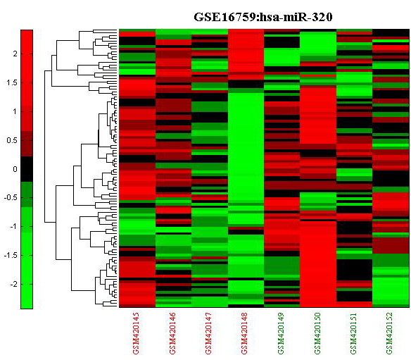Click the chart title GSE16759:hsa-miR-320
tap(263, 17)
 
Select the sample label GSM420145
tap(137, 333)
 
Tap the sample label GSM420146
tap(172, 333)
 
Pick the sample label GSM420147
tap(208, 333)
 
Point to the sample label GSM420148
tap(244, 333)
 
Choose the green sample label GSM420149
tap(281, 333)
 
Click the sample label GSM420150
tap(317, 333)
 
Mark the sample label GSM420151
tap(353, 333)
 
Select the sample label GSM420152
tap(389, 333)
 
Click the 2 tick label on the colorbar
tap(15, 54)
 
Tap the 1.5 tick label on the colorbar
tap(12, 82)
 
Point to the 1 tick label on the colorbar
tap(15, 111)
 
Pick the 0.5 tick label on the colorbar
tap(12, 140)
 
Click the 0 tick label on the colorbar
tap(15, 169)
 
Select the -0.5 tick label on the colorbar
tap(11, 197)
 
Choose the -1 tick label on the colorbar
tap(13, 226)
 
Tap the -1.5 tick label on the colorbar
tap(11, 255)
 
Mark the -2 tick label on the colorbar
tap(13, 284)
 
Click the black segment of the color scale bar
tap(27, 169)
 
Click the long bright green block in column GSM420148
tap(246, 147)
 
